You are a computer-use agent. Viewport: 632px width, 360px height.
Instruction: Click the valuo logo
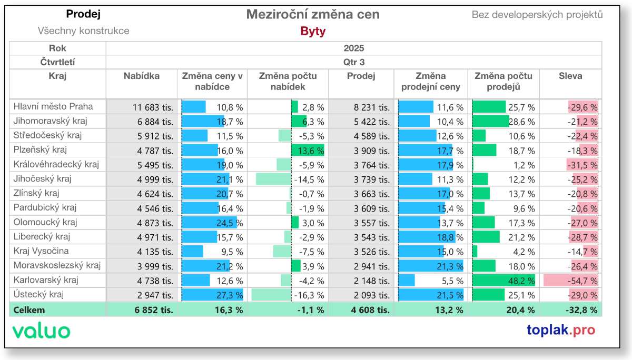coord(41,331)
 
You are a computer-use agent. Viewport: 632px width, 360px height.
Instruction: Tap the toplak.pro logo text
coord(561,330)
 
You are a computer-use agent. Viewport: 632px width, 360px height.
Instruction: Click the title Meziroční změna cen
coord(313,15)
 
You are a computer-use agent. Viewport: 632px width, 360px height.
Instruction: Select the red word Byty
coord(313,31)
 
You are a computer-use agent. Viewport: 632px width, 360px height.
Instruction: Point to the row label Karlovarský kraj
coord(46,279)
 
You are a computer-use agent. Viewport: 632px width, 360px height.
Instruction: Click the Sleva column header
coord(570,76)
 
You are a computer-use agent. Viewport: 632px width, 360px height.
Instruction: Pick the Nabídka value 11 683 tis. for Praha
coord(153,107)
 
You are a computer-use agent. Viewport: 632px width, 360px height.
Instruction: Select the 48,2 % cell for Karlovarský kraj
coord(521,280)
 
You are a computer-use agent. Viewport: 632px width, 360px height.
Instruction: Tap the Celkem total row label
coord(29,310)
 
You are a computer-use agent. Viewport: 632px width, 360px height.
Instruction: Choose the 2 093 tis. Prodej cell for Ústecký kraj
coord(372,294)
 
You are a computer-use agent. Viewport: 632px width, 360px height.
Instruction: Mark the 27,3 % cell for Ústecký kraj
coord(230,294)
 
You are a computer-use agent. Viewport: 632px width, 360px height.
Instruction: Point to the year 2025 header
coord(353,48)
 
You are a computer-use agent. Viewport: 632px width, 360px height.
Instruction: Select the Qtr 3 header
coord(353,62)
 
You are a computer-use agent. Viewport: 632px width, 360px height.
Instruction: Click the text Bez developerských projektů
coord(537,15)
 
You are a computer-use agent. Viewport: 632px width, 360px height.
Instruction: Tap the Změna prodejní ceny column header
coord(430,82)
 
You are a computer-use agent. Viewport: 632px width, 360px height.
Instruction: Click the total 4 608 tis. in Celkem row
coord(370,310)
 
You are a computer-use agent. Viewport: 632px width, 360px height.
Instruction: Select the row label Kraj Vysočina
coord(41,251)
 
